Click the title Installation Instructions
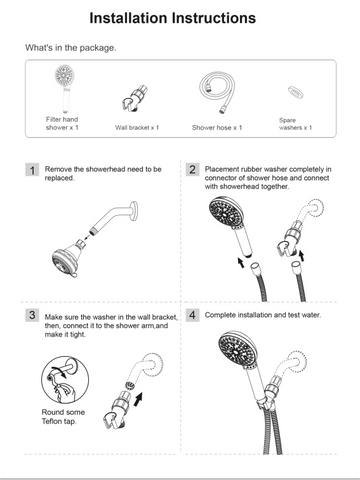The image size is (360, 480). (x=179, y=18)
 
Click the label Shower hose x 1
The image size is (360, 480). (x=217, y=128)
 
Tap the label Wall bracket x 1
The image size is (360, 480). (x=137, y=128)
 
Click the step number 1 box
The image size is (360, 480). (x=32, y=171)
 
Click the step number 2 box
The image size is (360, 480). (x=192, y=171)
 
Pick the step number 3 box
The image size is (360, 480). (x=32, y=316)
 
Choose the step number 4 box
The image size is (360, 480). (x=192, y=315)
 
